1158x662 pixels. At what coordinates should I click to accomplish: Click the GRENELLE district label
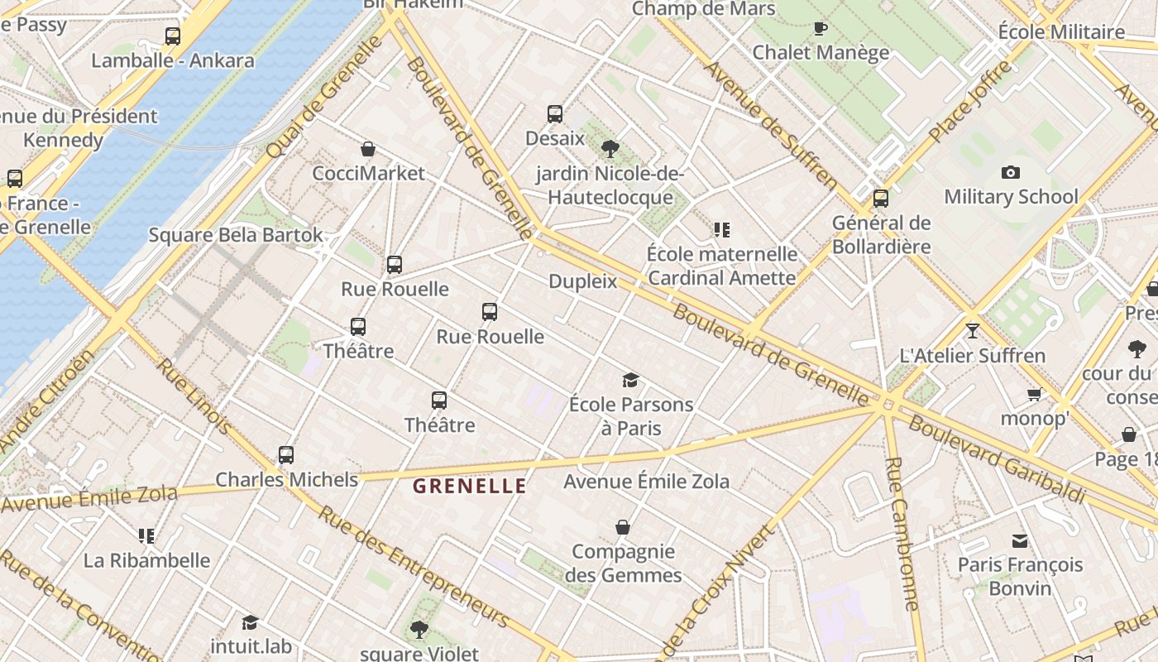click(x=469, y=486)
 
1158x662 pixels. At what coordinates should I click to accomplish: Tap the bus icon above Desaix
click(x=555, y=114)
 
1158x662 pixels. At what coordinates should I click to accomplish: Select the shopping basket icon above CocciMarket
click(x=368, y=149)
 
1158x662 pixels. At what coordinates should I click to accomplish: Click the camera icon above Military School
click(x=1010, y=172)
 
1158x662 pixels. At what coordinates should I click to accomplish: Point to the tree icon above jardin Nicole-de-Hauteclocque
click(x=610, y=149)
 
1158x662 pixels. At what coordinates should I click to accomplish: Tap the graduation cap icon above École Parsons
click(x=630, y=380)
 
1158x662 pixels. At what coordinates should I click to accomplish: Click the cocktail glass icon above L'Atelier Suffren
click(x=972, y=331)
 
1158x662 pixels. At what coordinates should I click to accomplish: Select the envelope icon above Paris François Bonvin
click(x=1020, y=540)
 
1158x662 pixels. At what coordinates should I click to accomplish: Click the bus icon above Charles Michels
click(x=286, y=454)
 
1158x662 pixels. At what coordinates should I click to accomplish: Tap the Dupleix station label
click(x=583, y=281)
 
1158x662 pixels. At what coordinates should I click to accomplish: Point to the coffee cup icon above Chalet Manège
click(x=820, y=28)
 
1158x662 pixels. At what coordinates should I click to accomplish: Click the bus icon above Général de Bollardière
click(x=881, y=199)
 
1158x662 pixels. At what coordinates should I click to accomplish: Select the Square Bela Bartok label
click(x=236, y=235)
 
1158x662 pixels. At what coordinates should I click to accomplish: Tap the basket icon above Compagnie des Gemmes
click(x=623, y=527)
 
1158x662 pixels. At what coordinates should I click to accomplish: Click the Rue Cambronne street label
click(x=902, y=534)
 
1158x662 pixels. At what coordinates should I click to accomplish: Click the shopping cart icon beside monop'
click(x=1034, y=394)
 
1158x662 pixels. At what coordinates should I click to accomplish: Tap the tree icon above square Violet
click(x=419, y=629)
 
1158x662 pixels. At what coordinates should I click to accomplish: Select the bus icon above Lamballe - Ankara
click(x=172, y=36)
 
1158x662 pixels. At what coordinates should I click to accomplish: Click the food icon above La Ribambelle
click(x=146, y=535)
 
